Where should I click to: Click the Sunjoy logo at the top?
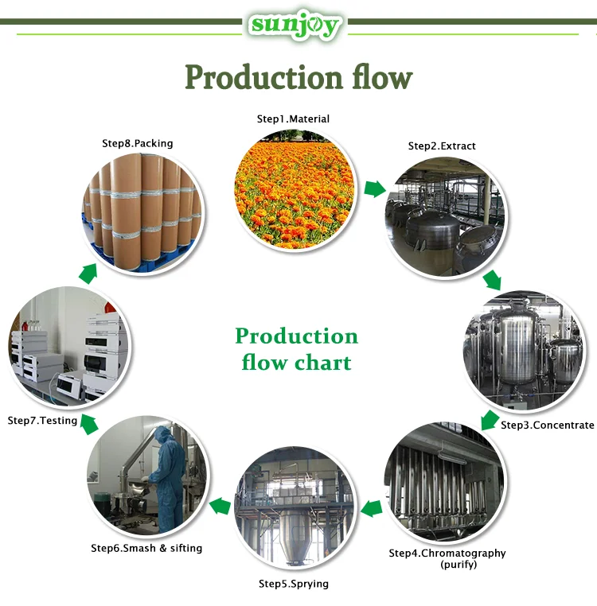pos(295,25)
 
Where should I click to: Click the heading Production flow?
pos(298,78)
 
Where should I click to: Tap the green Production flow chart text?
pos(296,349)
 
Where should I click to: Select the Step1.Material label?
pos(292,119)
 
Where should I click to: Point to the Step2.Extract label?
pos(442,146)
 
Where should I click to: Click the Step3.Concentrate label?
pos(547,425)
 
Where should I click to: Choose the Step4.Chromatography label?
pos(447,554)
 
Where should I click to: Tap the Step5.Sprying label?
pos(293,585)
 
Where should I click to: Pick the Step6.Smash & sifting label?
pos(146,549)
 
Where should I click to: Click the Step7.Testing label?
pos(42,421)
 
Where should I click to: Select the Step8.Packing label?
pos(137,144)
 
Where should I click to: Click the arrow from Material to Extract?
pos(373,189)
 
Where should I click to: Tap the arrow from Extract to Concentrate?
pos(493,279)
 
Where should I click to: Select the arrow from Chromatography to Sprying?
pos(370,508)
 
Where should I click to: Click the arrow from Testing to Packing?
pos(88,274)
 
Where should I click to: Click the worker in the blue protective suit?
pos(168,477)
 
